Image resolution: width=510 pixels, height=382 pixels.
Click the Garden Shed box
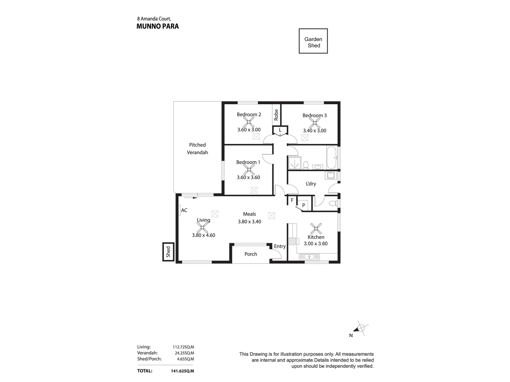(313, 41)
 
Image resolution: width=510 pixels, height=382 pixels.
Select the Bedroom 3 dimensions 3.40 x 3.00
(314, 131)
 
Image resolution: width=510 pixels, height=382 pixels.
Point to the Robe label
(276, 114)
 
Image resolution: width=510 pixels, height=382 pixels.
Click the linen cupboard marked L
(280, 130)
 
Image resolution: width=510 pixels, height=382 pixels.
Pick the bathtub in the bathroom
(331, 157)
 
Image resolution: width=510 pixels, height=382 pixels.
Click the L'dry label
(311, 184)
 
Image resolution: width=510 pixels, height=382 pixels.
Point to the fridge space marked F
(292, 200)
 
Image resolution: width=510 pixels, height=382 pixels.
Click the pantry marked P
(304, 205)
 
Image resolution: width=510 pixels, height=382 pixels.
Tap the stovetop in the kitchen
(293, 241)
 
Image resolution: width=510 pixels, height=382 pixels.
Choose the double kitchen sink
(309, 257)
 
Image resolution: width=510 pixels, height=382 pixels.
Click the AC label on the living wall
(184, 210)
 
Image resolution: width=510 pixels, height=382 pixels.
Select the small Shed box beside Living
(168, 252)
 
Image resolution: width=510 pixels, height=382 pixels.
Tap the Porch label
(251, 254)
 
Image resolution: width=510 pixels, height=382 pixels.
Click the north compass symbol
(361, 328)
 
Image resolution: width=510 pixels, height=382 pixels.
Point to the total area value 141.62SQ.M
(182, 371)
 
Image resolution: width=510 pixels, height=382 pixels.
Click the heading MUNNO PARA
(158, 26)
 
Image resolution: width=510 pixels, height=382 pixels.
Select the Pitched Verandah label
(197, 149)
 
